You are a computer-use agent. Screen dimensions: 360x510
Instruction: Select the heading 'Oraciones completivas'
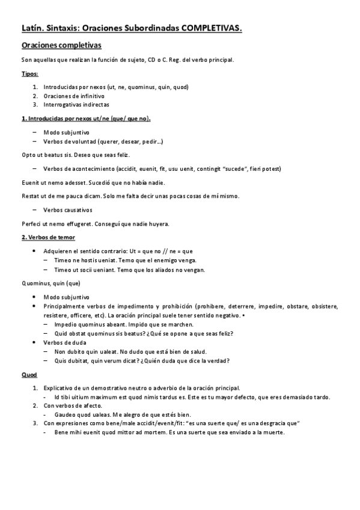coord(61,46)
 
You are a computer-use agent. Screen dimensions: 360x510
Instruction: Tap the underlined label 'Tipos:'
coord(30,73)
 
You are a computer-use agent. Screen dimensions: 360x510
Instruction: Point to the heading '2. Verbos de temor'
coord(49,238)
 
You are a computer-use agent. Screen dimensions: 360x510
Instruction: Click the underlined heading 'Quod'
coord(29,375)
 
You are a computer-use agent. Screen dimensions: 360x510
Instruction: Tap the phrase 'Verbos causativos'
coord(67,210)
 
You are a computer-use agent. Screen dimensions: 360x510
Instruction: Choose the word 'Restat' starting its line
coord(30,196)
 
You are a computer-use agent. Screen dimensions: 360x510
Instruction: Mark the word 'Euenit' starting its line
coord(30,182)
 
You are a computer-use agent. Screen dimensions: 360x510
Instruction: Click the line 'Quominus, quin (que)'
coord(50,283)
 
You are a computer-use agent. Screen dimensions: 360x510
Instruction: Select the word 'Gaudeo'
coord(64,414)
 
